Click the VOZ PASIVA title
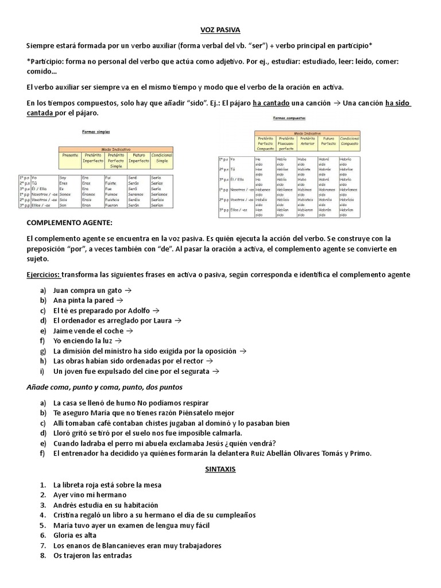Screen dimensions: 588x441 (220, 29)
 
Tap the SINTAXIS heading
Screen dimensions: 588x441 (220, 469)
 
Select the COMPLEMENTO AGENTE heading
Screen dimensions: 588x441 (70, 222)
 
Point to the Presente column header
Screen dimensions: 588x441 (70, 156)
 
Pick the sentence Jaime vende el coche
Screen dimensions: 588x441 (88, 331)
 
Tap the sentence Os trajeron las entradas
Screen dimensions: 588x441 (92, 556)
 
